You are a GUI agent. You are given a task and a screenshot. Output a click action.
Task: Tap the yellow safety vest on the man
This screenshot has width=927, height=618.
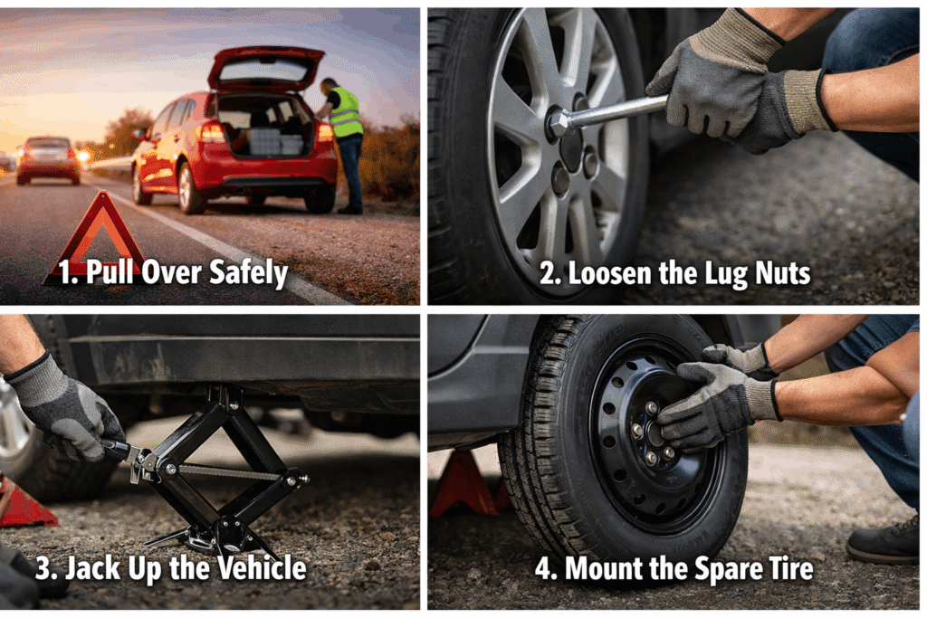tap(345, 113)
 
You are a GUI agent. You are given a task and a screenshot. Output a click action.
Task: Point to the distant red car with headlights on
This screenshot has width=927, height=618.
tap(48, 158)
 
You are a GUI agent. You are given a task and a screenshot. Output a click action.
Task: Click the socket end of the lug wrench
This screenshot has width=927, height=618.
tap(559, 124)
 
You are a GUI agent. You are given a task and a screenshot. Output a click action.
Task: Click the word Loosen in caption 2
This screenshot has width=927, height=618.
tap(597, 273)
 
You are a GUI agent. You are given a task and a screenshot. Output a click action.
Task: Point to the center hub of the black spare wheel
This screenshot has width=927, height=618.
tap(654, 433)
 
